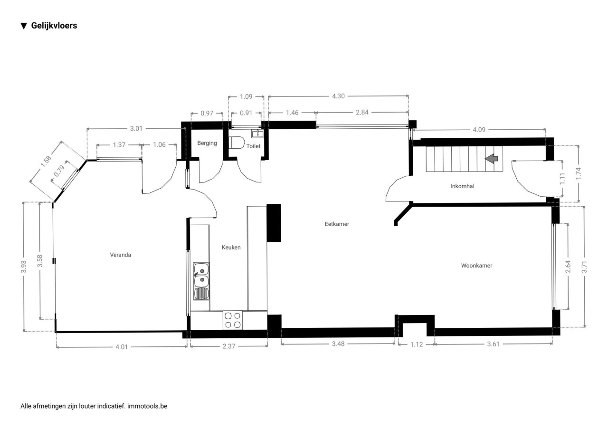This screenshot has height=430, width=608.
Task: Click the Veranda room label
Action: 121,255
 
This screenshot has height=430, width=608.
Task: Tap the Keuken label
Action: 231,247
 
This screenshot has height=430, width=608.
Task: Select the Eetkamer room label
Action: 337,224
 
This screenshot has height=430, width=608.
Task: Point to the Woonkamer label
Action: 476,266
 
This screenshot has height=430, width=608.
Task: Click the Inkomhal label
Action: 462,186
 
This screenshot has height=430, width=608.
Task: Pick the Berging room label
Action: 207,143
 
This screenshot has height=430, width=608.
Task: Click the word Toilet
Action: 253,146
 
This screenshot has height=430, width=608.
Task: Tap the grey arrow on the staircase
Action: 491,159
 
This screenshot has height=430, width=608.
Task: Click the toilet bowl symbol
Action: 237,143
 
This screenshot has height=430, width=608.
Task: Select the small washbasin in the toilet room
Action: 257,133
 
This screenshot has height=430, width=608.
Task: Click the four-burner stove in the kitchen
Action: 233,320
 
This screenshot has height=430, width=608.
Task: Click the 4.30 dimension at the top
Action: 338,96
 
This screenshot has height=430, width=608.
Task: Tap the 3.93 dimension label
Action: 24,267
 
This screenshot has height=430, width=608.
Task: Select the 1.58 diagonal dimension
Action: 46,161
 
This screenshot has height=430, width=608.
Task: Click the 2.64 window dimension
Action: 568,267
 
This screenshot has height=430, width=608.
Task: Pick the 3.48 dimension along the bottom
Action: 338,344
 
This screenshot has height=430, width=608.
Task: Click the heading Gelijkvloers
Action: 54,26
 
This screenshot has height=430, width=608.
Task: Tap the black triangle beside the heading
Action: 24,26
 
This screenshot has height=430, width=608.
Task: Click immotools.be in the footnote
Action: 147,406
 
